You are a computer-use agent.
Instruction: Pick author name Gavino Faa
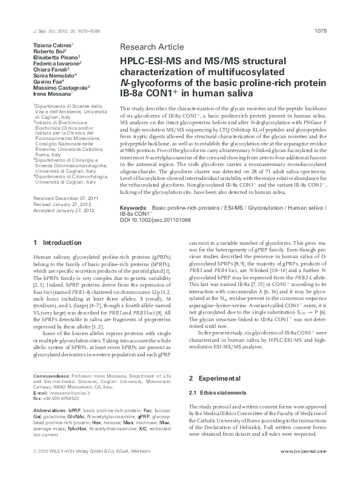click(x=45, y=81)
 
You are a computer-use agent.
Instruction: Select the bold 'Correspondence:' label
click(x=50, y=377)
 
